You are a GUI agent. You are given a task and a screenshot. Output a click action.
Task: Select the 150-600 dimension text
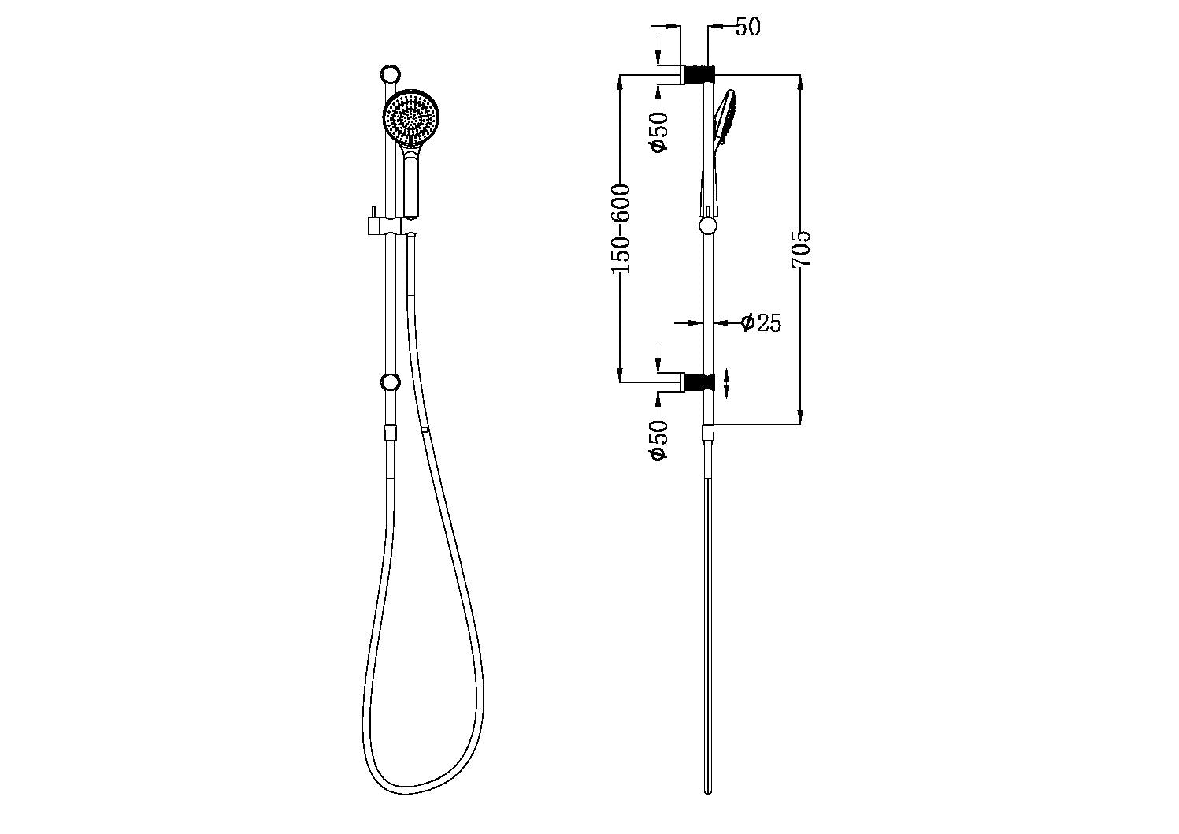click(x=621, y=229)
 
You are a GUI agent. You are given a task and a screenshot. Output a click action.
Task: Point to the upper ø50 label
click(x=658, y=132)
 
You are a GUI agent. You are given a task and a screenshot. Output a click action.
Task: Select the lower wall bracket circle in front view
click(x=389, y=383)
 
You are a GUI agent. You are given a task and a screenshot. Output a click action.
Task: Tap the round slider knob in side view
click(x=708, y=227)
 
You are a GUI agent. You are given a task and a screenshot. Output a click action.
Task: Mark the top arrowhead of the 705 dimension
click(x=800, y=81)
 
